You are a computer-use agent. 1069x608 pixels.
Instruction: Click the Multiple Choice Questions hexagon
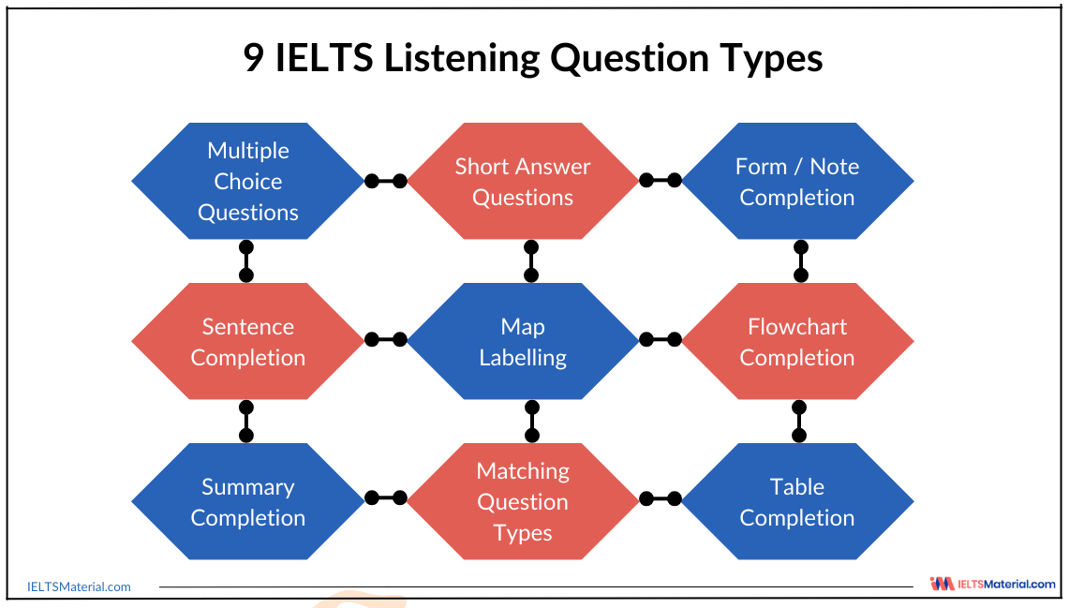(x=247, y=181)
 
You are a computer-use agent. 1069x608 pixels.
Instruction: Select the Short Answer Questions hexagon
(x=522, y=181)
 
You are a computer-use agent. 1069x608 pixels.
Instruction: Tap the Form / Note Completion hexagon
(x=796, y=181)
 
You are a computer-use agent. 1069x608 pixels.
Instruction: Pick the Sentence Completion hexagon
(x=247, y=341)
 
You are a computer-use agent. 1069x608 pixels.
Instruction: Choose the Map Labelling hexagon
(x=522, y=341)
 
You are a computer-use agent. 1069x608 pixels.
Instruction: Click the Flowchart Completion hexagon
(x=796, y=341)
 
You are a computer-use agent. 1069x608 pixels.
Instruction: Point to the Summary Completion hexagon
(x=247, y=501)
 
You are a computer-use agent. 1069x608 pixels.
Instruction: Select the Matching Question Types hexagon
(x=522, y=501)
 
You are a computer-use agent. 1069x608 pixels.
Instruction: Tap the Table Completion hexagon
(x=796, y=501)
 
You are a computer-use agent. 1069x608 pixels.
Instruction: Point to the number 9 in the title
(x=254, y=58)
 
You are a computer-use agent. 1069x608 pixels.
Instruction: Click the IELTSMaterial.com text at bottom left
(x=81, y=587)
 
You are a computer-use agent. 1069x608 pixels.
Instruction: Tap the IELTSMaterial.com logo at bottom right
(x=992, y=584)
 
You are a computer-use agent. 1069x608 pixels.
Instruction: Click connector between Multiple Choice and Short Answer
(x=385, y=181)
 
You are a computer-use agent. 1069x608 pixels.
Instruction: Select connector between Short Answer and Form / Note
(x=660, y=180)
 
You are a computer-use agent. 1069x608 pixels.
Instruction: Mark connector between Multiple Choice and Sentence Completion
(x=246, y=261)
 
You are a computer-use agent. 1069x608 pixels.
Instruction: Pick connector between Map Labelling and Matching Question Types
(x=532, y=422)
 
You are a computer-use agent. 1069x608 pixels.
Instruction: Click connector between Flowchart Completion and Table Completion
(x=799, y=422)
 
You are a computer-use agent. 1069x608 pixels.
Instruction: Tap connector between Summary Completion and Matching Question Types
(x=385, y=498)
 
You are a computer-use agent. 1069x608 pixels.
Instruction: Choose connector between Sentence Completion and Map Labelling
(x=385, y=340)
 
